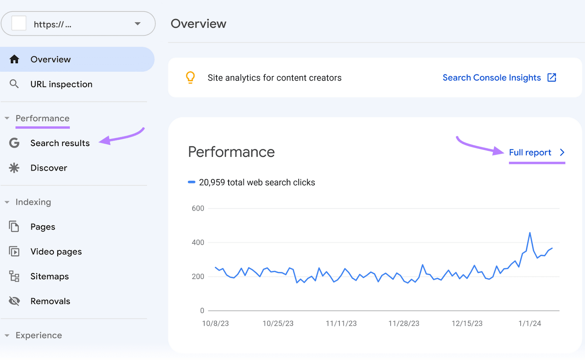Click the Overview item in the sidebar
(x=50, y=59)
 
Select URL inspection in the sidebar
(x=61, y=84)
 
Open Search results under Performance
(x=60, y=143)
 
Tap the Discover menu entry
(x=49, y=168)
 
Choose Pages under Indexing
(x=43, y=227)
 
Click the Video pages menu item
(x=56, y=252)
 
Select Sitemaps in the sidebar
(x=49, y=276)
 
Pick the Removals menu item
(x=50, y=301)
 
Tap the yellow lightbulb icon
(x=190, y=78)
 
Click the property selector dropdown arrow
(x=137, y=24)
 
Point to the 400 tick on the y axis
(x=198, y=242)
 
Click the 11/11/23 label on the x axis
(x=341, y=323)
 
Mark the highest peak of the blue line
(x=530, y=233)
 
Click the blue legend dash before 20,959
(x=192, y=182)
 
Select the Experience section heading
(x=39, y=335)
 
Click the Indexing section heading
(x=33, y=202)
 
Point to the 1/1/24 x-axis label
(x=529, y=323)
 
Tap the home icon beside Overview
(x=14, y=59)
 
